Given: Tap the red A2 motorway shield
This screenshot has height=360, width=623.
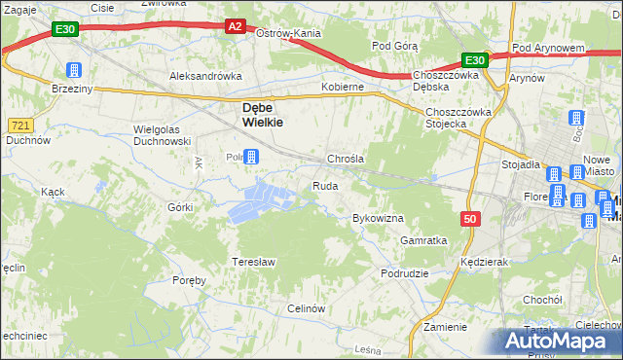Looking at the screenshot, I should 237,27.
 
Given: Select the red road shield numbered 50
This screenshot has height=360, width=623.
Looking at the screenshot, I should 471,220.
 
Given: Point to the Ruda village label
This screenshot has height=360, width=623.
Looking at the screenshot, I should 325,186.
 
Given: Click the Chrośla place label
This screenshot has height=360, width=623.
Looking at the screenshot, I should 346,159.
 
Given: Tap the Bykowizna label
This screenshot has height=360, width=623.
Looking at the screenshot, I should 378,218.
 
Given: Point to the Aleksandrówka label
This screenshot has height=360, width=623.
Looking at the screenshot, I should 204,75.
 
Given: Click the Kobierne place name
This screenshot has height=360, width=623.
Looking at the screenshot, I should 343,87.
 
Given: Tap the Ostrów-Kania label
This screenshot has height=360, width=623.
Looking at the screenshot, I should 288,33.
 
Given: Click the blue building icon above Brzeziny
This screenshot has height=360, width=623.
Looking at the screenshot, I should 73,70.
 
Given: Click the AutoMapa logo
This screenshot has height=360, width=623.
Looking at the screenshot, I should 560,341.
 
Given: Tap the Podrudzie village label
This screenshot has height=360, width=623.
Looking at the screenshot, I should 405,273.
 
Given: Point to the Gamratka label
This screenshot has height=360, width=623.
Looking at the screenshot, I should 423,239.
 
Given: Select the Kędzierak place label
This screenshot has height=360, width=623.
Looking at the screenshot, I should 486,263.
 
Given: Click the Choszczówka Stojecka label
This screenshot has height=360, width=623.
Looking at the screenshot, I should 459,118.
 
